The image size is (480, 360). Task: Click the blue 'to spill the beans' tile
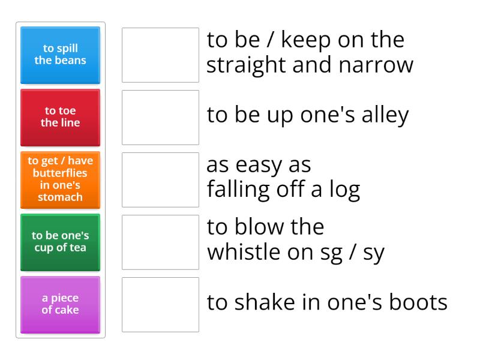coord(60,55)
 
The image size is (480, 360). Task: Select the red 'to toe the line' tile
coord(60,117)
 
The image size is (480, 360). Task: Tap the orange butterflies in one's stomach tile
coord(60,179)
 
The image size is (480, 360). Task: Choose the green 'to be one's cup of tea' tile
coord(60,242)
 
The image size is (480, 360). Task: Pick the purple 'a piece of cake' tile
coord(60,304)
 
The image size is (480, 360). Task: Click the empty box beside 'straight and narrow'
coord(160,55)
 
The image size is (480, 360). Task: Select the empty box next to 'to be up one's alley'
coord(160,117)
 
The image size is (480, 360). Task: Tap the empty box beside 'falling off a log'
coord(160,179)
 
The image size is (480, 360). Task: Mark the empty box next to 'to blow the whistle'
coord(160,242)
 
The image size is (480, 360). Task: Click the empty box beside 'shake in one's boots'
coord(160,304)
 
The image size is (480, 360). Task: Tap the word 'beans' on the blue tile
coord(68,60)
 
